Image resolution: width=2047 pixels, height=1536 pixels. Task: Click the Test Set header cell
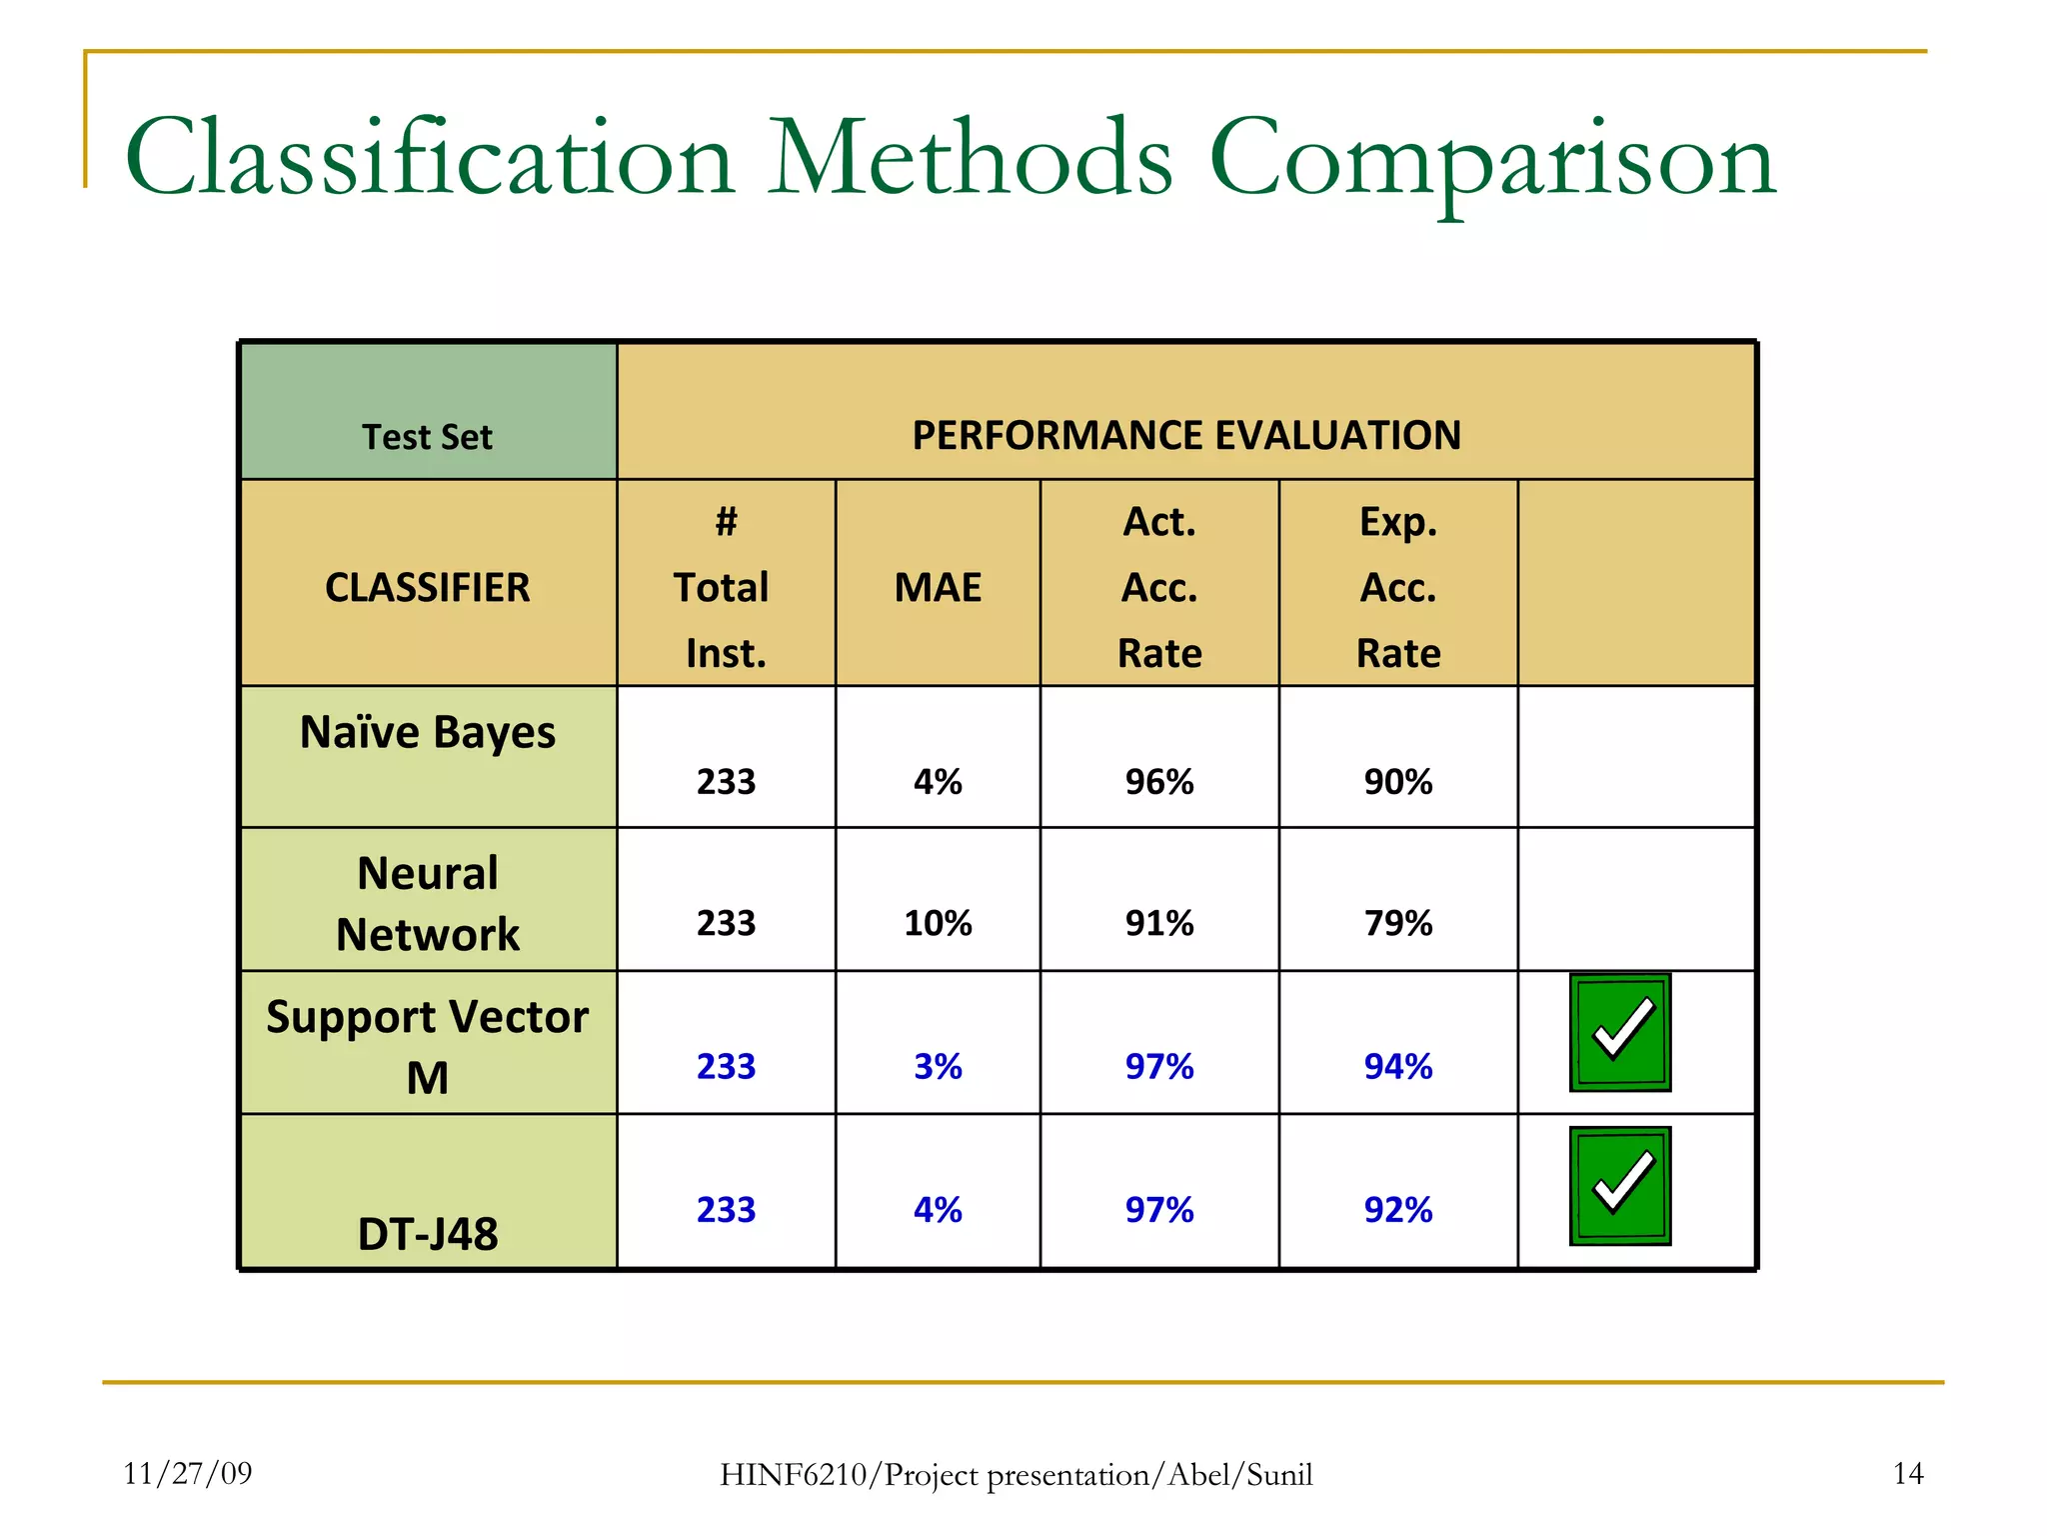(427, 437)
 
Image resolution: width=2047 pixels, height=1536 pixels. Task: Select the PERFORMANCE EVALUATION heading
(1185, 436)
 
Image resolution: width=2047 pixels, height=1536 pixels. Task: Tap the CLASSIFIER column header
(427, 587)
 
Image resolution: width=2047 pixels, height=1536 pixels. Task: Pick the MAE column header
(938, 587)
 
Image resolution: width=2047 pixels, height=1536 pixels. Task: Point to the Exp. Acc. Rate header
(1397, 587)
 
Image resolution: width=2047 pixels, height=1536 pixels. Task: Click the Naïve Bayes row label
(427, 732)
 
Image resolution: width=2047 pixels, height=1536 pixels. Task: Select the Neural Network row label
(427, 903)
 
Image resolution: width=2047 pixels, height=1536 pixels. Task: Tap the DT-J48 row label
(427, 1233)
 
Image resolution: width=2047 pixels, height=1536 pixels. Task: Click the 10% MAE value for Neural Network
(938, 922)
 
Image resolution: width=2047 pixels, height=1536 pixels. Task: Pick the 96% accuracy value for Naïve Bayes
(1158, 781)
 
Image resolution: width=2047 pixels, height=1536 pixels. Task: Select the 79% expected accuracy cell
(1397, 922)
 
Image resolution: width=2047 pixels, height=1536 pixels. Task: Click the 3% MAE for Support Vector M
(938, 1066)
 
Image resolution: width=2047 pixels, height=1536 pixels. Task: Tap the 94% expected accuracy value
(1397, 1066)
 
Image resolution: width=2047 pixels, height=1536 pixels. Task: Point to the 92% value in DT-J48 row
(1397, 1210)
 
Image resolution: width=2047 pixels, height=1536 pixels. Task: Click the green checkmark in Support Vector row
(1619, 1032)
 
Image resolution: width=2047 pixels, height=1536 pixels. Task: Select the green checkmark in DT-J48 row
(1619, 1186)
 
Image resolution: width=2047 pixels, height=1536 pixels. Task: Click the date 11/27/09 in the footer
(188, 1473)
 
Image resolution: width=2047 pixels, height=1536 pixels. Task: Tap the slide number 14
(1907, 1473)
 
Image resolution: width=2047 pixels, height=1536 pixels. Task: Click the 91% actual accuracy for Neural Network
(1158, 922)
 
